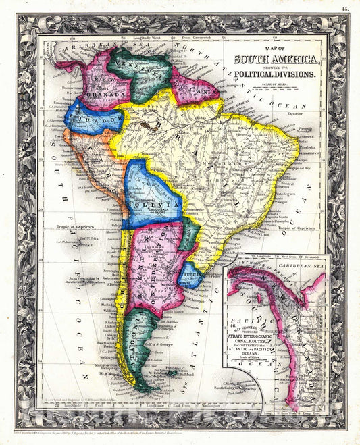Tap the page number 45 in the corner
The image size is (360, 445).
[345, 7]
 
